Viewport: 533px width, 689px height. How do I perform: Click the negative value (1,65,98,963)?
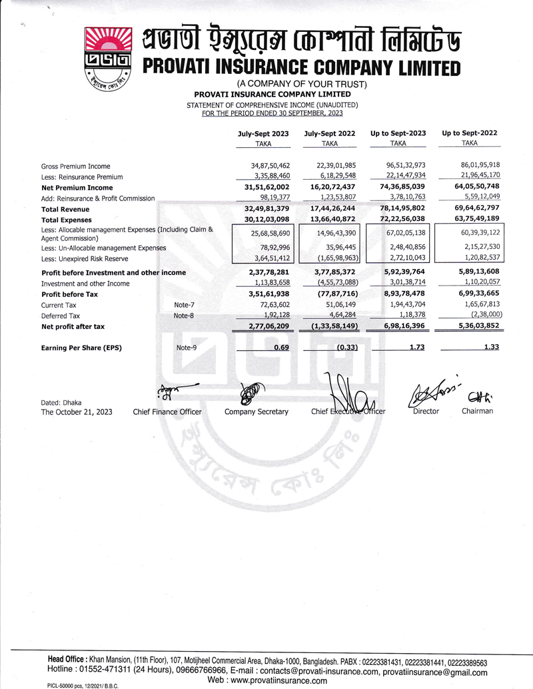[333, 258]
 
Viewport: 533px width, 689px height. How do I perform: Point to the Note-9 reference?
[187, 347]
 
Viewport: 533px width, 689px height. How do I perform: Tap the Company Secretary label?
[257, 411]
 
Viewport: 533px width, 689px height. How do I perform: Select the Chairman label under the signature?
[477, 411]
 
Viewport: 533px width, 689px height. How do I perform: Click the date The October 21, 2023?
[77, 412]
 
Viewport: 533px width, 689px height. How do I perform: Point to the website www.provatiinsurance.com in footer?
[267, 680]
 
